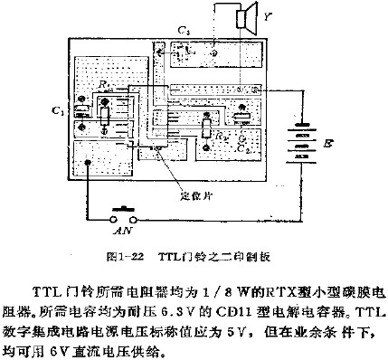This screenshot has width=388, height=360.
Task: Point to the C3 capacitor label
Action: click(x=185, y=33)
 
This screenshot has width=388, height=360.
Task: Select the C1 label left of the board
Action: click(x=57, y=111)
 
